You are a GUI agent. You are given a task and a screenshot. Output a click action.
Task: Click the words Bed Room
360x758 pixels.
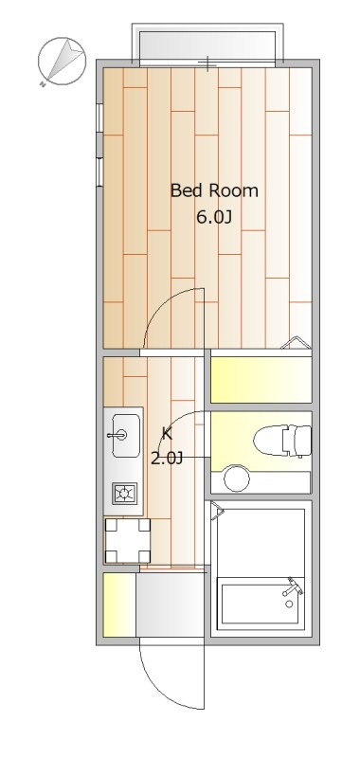[x=214, y=190]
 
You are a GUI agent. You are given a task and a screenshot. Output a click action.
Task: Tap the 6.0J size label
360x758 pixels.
[x=214, y=216]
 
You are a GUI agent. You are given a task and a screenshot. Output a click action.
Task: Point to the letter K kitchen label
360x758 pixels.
[x=167, y=434]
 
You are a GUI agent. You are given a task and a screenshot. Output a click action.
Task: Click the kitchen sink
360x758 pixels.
[x=124, y=435]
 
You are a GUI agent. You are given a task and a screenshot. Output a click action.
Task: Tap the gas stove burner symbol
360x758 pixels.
[x=124, y=493]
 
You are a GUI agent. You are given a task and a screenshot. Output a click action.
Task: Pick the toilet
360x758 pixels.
[x=282, y=439]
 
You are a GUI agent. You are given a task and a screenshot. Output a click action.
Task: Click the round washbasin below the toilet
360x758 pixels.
[x=236, y=480]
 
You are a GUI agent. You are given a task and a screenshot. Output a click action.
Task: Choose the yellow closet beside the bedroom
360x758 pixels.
[x=261, y=379]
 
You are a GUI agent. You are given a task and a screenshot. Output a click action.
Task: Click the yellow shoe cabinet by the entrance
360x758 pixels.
[x=118, y=605]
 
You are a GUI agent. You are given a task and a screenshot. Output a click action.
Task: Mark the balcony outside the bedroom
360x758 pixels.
[x=207, y=44]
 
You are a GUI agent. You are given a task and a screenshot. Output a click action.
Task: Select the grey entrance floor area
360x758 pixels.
[x=169, y=606]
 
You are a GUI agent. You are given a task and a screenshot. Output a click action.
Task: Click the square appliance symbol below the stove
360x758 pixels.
[x=127, y=541]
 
